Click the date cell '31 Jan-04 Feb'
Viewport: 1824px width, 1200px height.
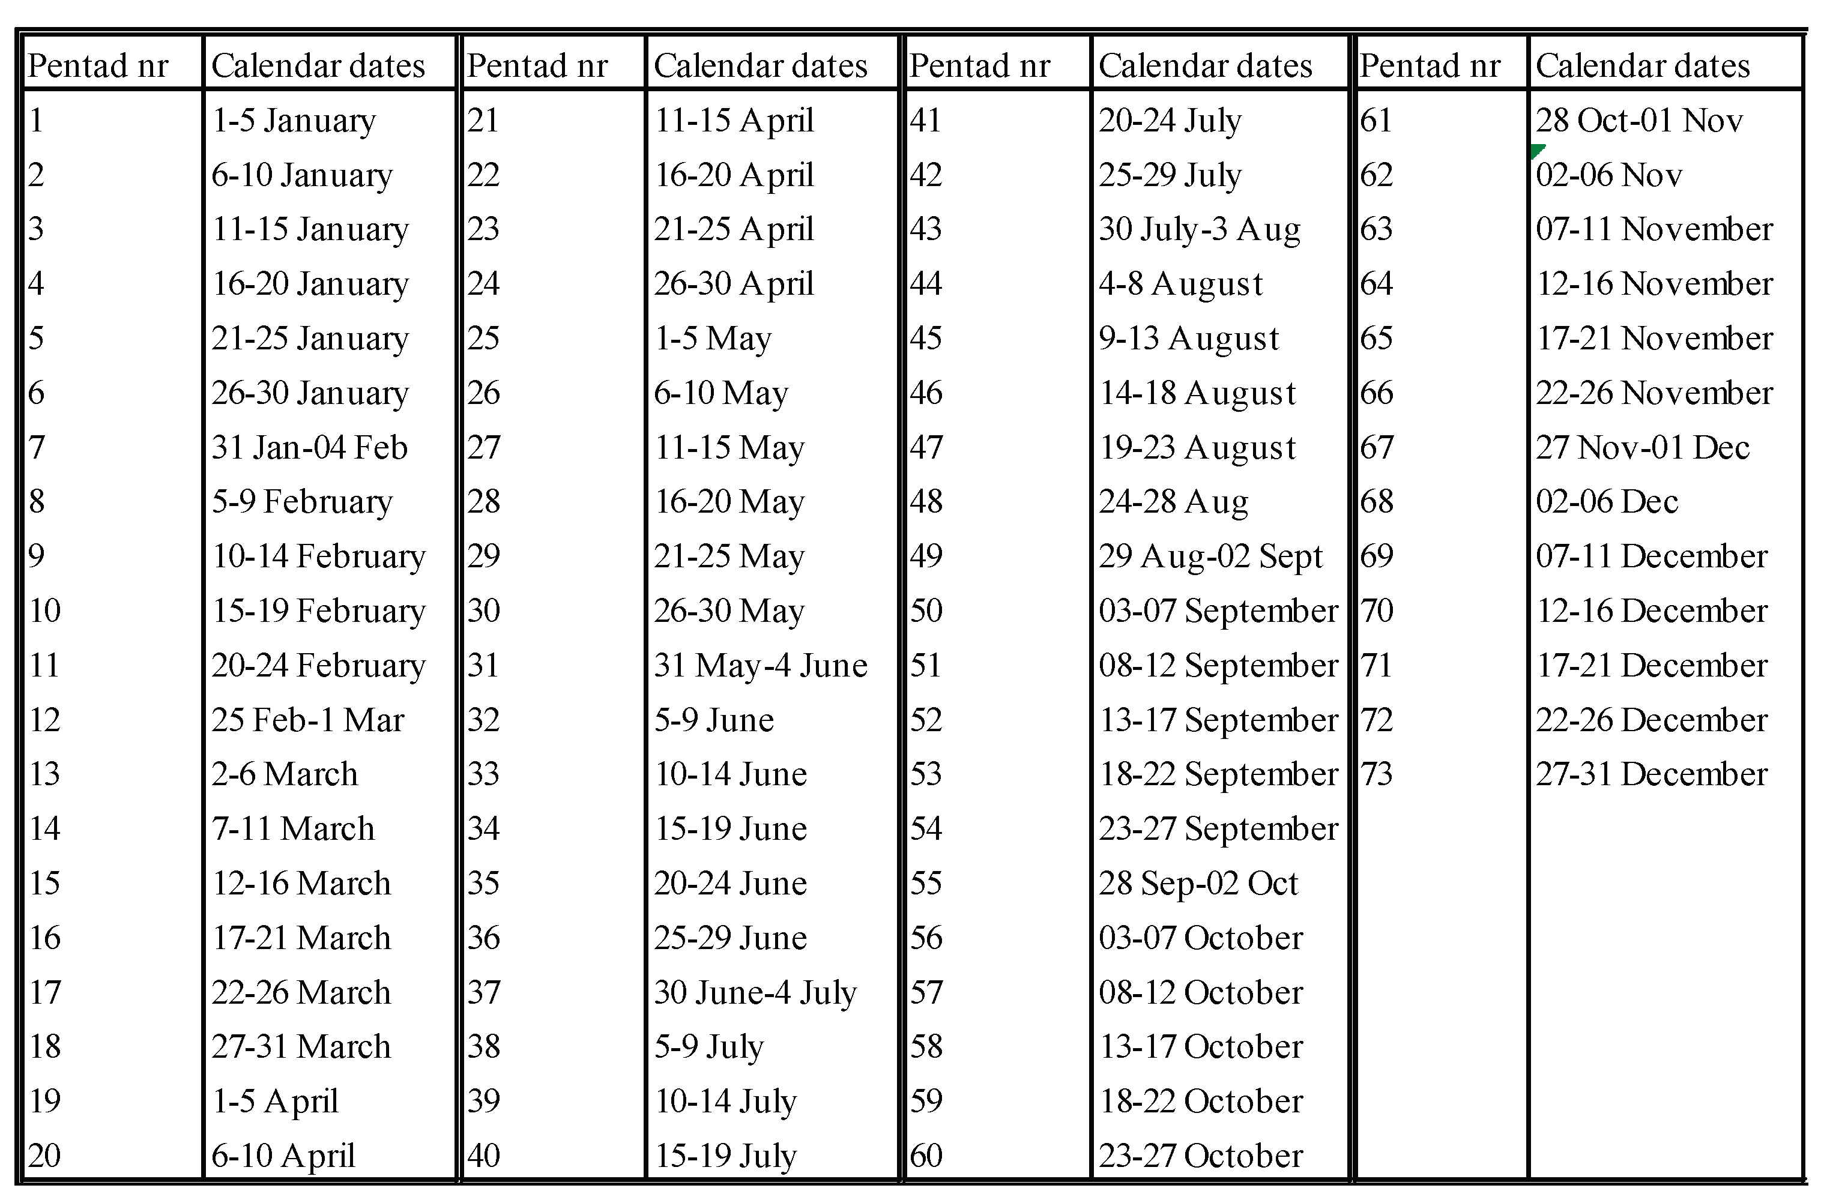coord(310,447)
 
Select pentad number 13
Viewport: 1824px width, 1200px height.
coord(44,774)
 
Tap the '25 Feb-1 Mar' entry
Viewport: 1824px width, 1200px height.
coord(307,720)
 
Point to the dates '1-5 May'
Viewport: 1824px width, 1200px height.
coord(713,339)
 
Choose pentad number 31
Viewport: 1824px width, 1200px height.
coord(483,665)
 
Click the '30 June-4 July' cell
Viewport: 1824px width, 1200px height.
coord(755,993)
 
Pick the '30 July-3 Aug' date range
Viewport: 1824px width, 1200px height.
coord(1200,229)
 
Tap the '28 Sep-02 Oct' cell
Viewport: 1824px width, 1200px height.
coord(1198,884)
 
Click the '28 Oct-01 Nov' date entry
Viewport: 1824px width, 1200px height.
coord(1639,120)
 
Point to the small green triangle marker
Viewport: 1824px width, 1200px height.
coord(1538,149)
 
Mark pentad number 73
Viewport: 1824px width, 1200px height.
coord(1377,774)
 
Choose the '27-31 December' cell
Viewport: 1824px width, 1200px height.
coord(1652,774)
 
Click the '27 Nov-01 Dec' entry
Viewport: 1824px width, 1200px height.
coord(1642,447)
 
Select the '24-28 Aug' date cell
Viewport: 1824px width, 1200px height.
coord(1173,502)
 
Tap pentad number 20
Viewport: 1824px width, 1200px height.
coord(44,1156)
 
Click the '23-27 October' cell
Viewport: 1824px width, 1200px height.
coord(1200,1156)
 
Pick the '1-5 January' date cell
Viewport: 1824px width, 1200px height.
coord(294,120)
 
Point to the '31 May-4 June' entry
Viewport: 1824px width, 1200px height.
coord(760,665)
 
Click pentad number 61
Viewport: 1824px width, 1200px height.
coord(1377,120)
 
